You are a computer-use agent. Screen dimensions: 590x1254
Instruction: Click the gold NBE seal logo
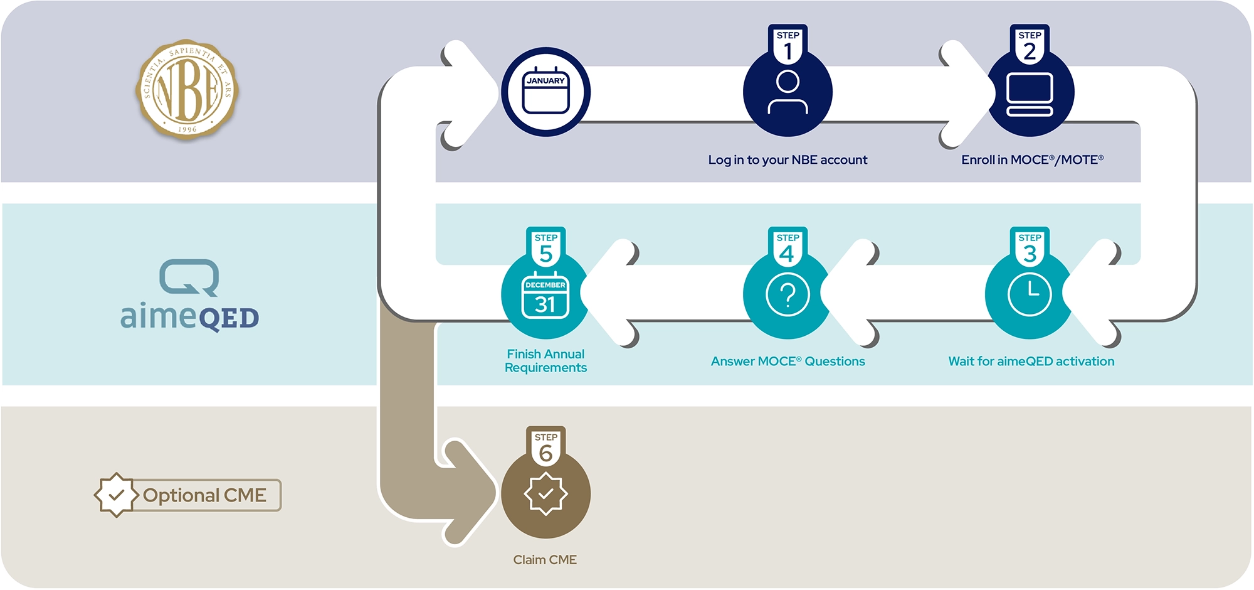187,89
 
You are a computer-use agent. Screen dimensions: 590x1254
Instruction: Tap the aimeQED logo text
189,316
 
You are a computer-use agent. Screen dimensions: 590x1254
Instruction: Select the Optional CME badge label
204,495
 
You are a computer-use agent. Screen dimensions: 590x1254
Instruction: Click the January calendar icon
545,92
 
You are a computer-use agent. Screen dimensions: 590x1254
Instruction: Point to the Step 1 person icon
788,92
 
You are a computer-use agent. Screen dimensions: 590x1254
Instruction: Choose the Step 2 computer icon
1030,94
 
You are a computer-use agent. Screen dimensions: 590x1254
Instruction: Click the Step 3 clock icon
1030,294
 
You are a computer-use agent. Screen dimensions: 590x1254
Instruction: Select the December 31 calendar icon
545,296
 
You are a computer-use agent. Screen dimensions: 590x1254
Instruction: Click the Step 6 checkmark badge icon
545,494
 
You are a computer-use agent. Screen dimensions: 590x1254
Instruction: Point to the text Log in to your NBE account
788,160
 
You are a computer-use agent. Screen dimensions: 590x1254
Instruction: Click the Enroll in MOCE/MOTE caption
1032,160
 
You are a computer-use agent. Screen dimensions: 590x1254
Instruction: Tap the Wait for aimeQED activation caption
1031,362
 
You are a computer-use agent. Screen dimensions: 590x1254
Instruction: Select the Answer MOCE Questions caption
788,362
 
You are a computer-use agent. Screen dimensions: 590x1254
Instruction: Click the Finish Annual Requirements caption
545,361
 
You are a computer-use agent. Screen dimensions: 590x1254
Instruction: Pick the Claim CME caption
545,560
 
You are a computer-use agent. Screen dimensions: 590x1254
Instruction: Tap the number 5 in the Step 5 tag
545,254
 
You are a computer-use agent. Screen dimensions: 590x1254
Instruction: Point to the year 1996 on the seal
187,129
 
